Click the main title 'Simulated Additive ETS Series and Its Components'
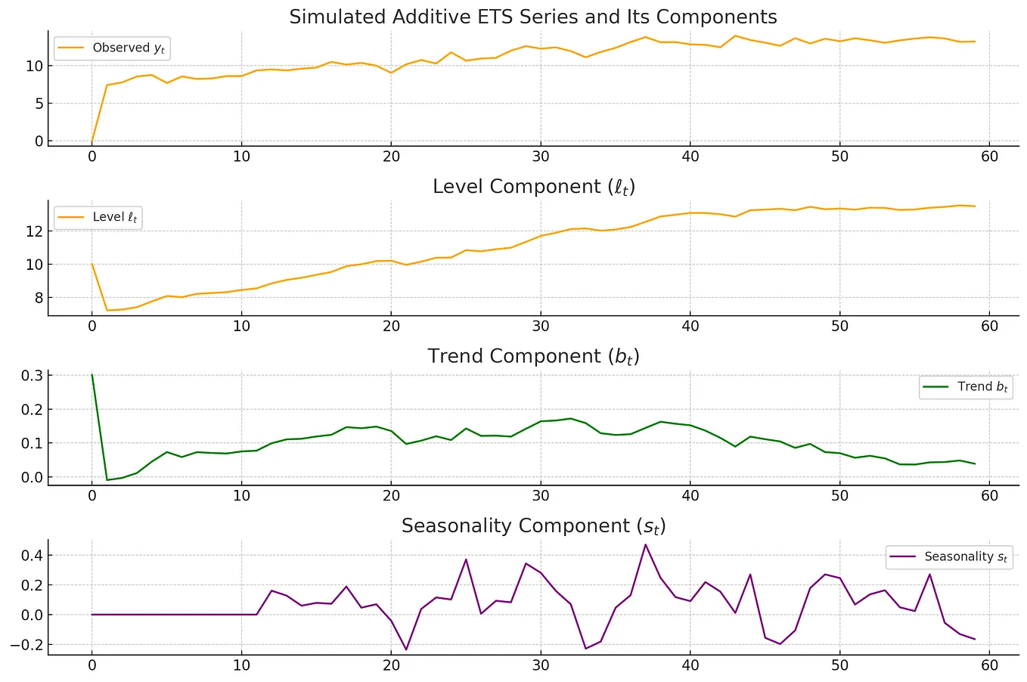532,17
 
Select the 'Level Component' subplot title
532,187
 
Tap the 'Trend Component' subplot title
532,356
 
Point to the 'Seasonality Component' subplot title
532,526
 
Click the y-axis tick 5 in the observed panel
39,104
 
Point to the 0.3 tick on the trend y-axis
31,376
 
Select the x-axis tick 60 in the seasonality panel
989,665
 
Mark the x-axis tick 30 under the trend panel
540,496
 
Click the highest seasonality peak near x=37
645,544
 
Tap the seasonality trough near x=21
406,649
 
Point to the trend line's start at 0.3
92,375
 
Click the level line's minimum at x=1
107,310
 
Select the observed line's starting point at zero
92,141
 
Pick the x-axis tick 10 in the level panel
241,327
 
